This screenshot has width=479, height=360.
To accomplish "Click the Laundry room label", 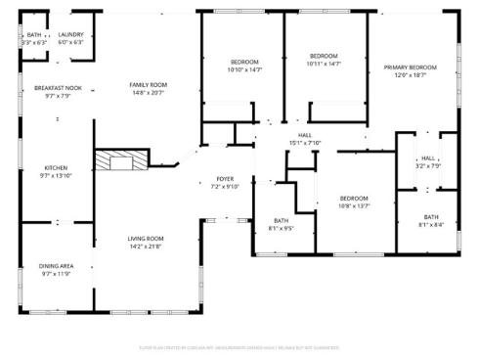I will [x=71, y=34].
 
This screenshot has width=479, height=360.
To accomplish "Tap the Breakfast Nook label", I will [x=52, y=88].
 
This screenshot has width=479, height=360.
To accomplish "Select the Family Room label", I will [x=149, y=85].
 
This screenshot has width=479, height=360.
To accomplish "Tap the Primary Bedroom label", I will [x=415, y=67].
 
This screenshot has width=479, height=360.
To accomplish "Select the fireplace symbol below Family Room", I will [x=121, y=161].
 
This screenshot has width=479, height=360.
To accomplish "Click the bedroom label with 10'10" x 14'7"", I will [x=244, y=63].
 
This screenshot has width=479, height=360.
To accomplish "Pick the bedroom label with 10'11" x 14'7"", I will [x=324, y=56].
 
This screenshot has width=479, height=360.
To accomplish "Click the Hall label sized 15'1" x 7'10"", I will [x=305, y=136].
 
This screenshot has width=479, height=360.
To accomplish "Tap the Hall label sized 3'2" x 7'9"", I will [x=428, y=158].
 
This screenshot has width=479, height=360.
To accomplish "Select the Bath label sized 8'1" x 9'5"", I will [x=282, y=220].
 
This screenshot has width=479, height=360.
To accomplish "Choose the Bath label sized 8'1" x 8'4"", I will [x=431, y=217].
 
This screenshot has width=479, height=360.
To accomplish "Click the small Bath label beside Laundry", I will [x=33, y=34].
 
